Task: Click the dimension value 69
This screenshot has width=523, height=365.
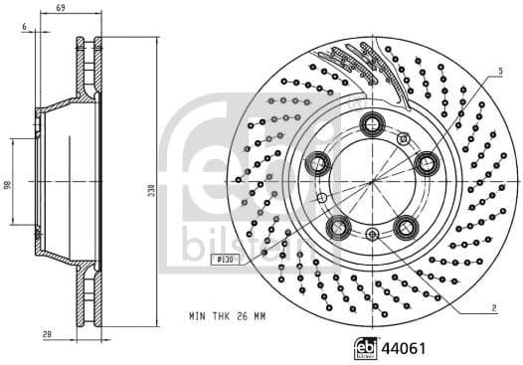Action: pos(61,8)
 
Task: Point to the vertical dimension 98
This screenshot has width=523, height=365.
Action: pos(7,184)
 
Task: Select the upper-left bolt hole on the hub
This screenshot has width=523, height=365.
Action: pos(318,163)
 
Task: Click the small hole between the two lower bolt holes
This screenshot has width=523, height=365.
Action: pos(373,234)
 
